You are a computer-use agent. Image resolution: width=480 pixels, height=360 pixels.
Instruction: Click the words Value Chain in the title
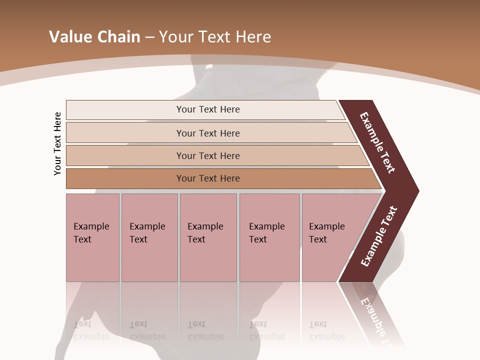[x=94, y=37]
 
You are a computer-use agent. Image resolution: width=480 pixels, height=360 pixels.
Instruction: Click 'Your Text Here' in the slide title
[x=214, y=37]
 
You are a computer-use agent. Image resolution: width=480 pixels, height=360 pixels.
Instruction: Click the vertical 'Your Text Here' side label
[x=57, y=143]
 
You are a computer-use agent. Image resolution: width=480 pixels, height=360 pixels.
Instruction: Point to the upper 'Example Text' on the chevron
[x=377, y=142]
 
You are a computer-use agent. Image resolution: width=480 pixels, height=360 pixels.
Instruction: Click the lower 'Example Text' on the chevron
[x=378, y=236]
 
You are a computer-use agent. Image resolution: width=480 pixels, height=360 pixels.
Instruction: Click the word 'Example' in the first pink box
[x=91, y=226]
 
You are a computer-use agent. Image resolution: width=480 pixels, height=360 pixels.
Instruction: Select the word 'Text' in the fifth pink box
[x=318, y=239]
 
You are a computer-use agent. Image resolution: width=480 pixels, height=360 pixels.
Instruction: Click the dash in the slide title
[x=149, y=37]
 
